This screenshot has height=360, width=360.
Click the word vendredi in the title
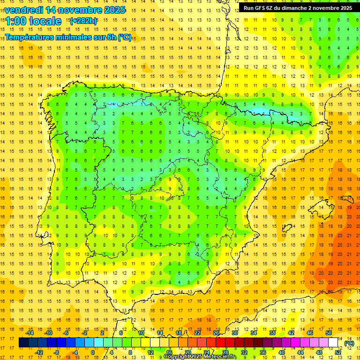(x=24, y=10)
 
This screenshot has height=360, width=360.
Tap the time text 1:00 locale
(x=34, y=21)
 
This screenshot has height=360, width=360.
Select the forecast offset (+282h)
(x=83, y=21)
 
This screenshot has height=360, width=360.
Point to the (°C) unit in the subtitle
(x=125, y=37)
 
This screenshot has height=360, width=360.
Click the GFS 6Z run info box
(x=298, y=7)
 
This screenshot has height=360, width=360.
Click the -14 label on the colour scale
(x=30, y=333)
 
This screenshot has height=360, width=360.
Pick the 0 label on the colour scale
(x=93, y=352)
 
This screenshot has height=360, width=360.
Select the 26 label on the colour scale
(x=216, y=333)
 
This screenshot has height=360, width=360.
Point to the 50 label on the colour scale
(x=329, y=333)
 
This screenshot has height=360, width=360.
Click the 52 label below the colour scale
(x=338, y=352)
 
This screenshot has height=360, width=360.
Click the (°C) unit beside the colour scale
(x=349, y=343)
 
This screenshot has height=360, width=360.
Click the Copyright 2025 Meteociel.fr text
(x=200, y=357)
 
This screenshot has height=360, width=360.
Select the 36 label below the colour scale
(x=263, y=352)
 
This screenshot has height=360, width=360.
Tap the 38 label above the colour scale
(x=272, y=333)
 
